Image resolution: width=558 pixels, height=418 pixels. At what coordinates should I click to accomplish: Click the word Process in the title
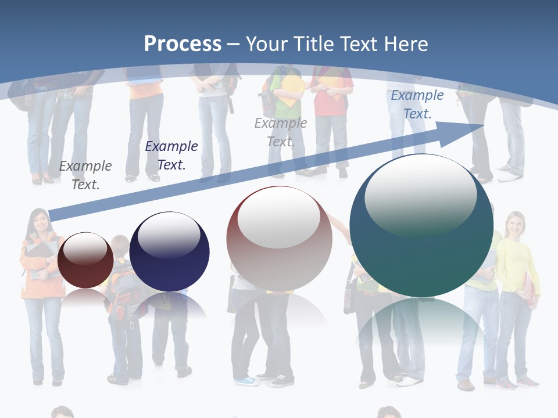[183, 44]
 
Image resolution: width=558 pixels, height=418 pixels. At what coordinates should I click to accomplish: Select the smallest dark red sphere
[85, 261]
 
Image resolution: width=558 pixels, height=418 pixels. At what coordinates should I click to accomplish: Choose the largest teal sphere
[421, 226]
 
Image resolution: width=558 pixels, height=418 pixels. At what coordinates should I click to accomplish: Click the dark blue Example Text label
[171, 156]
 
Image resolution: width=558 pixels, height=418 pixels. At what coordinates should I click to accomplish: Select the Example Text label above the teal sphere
[417, 105]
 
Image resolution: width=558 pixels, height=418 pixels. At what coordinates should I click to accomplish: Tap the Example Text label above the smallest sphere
[85, 175]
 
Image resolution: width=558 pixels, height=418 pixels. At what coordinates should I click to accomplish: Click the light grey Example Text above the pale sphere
[281, 132]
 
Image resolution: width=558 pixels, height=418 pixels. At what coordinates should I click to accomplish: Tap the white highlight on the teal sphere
[420, 194]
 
